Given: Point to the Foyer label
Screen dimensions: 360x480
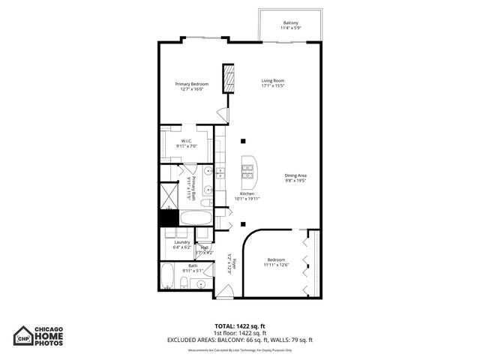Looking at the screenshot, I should coord(234,264).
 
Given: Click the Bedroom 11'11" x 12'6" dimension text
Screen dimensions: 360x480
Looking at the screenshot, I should coord(276,265).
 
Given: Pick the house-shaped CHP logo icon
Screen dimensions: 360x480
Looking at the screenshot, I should coord(24,334).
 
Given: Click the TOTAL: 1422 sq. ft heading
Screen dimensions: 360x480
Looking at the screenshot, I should coord(239,325).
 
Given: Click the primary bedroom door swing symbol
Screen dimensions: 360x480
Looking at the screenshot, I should coord(221,114).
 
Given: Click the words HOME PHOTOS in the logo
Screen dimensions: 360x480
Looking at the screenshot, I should coord(55,339).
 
